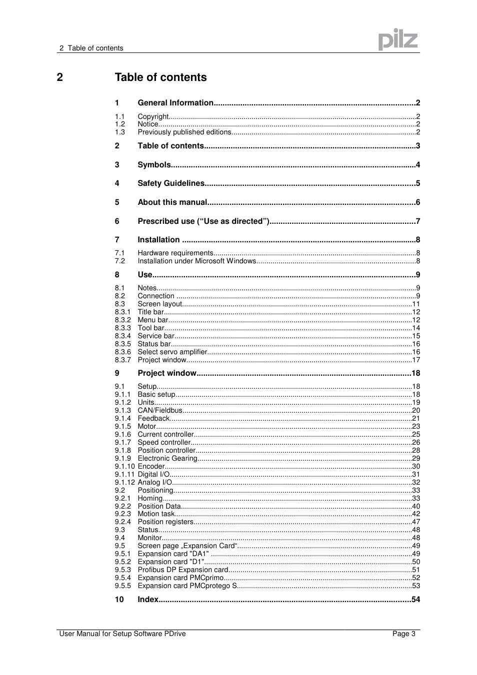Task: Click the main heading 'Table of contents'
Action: click(x=160, y=77)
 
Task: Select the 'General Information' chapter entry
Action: click(x=175, y=103)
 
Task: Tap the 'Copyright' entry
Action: click(x=153, y=116)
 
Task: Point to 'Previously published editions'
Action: click(x=184, y=132)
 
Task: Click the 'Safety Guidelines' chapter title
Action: click(x=171, y=183)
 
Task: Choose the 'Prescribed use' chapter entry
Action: click(x=203, y=221)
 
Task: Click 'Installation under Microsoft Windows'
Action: click(x=196, y=261)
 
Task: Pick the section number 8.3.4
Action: click(x=122, y=336)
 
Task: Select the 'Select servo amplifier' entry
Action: click(x=172, y=352)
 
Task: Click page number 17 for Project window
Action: click(x=415, y=360)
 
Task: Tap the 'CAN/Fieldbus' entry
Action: click(x=159, y=411)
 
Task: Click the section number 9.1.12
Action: click(x=124, y=483)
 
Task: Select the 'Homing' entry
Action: click(x=150, y=499)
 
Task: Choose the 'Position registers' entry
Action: click(x=165, y=522)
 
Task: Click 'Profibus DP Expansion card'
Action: click(x=183, y=570)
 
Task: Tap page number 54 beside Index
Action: click(x=415, y=600)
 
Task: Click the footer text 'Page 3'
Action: click(x=403, y=634)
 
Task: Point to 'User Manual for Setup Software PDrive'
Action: click(x=122, y=634)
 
